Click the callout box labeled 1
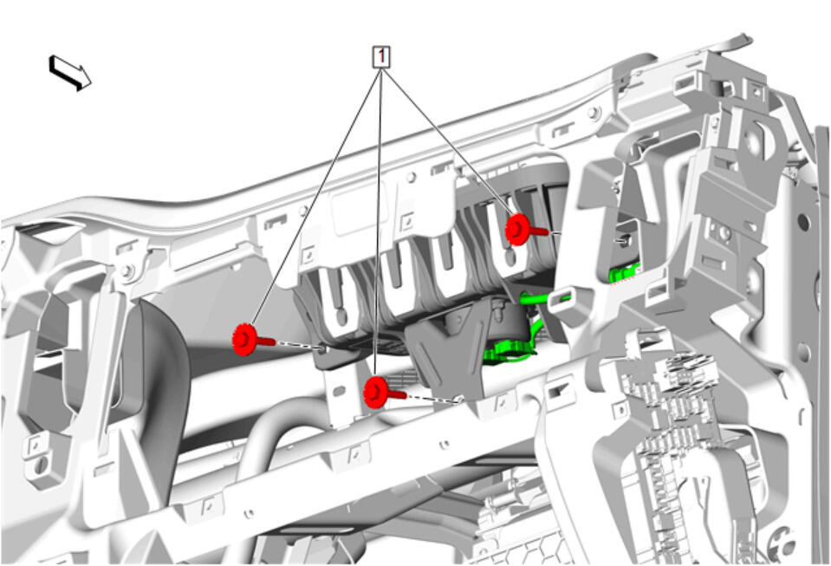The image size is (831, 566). tap(381, 56)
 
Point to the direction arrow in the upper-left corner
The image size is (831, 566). tap(70, 73)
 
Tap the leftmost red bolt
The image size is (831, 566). tap(253, 340)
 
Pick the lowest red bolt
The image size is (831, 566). tap(384, 393)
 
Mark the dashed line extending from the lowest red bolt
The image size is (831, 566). tap(431, 399)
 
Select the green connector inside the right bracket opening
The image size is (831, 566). tap(624, 274)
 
